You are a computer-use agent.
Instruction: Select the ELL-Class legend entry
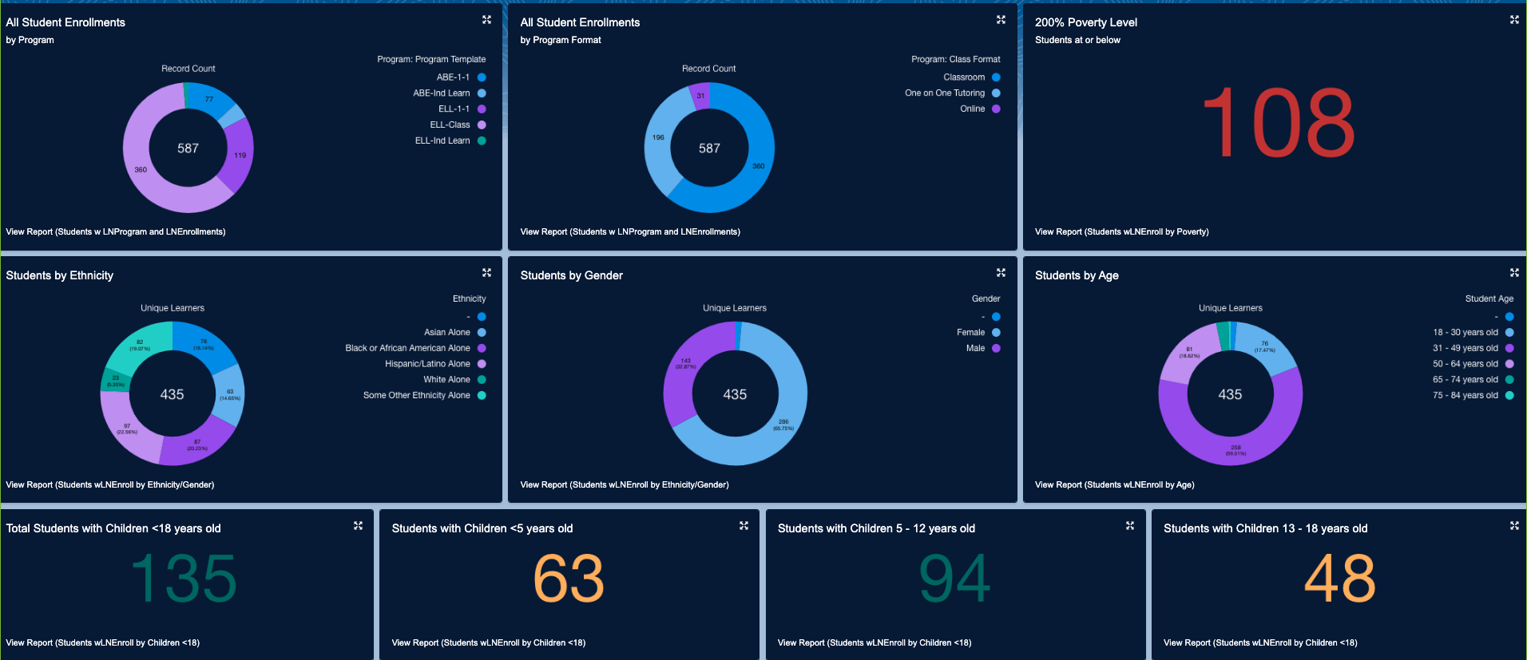450,124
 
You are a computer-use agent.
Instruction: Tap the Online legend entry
973,109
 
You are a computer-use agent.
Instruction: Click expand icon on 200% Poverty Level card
1513,20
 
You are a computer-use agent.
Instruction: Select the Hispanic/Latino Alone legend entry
427,364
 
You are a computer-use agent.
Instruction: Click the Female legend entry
971,332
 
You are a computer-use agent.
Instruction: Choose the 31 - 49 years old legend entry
1465,348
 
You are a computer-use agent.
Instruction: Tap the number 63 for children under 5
569,579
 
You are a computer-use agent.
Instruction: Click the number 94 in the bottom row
954,579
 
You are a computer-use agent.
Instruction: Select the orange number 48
1339,579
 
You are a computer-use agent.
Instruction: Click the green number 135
184,579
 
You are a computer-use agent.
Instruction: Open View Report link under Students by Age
1114,484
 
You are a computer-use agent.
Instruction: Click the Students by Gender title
571,275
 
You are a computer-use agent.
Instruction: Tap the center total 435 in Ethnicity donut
172,394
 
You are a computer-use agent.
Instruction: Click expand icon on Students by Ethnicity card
486,273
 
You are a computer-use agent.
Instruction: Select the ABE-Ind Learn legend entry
442,93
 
